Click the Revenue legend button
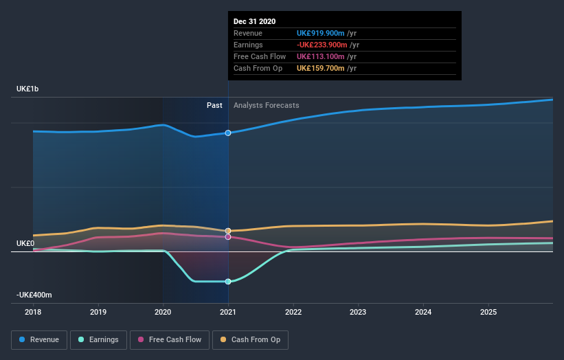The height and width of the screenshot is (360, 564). tap(39, 339)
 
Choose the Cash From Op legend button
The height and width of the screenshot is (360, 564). tap(250, 339)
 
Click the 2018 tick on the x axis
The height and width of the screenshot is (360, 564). tap(33, 312)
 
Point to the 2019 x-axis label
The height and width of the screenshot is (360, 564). tap(98, 312)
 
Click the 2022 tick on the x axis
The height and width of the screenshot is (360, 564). tap(293, 312)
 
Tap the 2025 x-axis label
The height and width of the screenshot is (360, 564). tap(488, 312)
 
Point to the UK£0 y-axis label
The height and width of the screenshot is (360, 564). tap(25, 243)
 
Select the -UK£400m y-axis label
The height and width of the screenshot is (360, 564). tap(35, 295)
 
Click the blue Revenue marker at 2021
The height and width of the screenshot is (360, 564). tap(228, 133)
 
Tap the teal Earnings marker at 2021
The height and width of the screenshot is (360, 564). tap(228, 281)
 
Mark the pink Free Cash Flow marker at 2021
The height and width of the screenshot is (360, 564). tap(228, 237)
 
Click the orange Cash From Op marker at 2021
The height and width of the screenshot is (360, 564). tap(228, 231)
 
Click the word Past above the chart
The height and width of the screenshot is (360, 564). tap(214, 105)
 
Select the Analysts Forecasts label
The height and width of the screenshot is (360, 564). tap(266, 105)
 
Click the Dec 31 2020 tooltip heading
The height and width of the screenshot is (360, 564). tap(254, 21)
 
